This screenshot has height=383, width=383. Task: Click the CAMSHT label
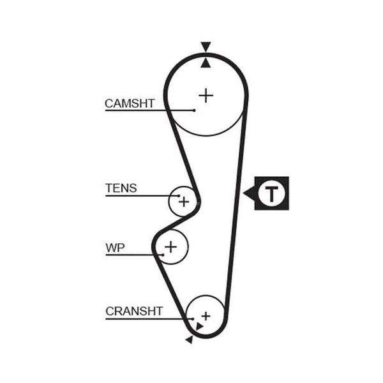130,103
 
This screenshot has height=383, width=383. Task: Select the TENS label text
121,188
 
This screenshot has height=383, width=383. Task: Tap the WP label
115,248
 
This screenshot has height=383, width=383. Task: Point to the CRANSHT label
134,312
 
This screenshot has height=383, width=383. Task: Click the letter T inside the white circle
271,193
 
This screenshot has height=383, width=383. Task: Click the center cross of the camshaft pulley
206,96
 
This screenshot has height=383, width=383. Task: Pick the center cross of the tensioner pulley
184,202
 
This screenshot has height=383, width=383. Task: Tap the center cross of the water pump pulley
170,246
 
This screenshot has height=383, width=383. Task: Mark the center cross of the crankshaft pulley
206,316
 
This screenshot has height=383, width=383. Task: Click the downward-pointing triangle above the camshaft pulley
206,46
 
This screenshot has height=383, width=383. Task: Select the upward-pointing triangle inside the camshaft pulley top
206,63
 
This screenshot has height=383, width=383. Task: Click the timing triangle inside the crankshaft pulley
199,326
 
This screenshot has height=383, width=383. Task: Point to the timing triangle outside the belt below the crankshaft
190,340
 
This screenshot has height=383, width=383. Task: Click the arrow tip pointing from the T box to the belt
243,193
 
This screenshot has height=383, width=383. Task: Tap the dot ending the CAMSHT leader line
194,110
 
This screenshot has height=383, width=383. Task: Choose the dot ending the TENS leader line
179,196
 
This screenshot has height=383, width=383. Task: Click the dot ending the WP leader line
163,255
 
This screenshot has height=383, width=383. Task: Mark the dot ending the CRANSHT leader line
193,319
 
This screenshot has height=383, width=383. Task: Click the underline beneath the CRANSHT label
149,319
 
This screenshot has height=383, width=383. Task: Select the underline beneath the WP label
134,255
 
